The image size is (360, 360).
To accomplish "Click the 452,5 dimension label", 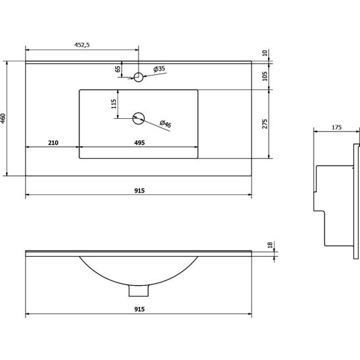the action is [x=82, y=45].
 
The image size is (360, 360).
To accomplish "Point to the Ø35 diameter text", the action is [x=159, y=68].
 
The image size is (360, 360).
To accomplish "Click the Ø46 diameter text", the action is [x=166, y=124].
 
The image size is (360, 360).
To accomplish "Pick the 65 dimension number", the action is [x=118, y=69].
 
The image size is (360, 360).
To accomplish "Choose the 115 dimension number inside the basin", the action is [x=114, y=104].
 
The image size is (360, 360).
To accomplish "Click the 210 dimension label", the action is [x=53, y=143].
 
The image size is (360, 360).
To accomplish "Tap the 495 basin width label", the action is [x=139, y=143].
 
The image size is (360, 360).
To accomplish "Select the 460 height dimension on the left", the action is [x=3, y=118].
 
